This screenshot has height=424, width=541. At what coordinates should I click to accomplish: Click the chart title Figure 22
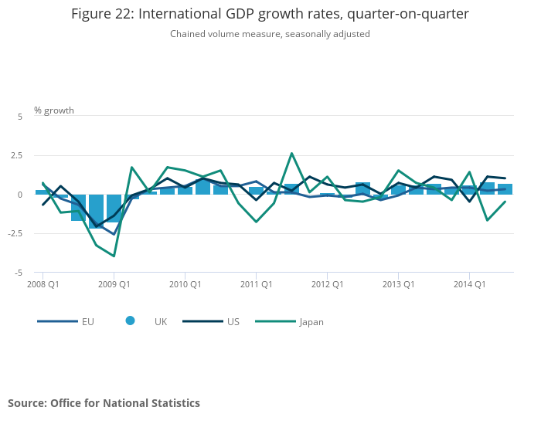pos(270,14)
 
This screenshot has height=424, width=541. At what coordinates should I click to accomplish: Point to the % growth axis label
pos(54,110)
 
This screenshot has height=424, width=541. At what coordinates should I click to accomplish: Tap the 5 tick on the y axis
pos(20,117)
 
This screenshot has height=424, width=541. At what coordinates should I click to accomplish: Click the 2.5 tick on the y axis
pos(16,155)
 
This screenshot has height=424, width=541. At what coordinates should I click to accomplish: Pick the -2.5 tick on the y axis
pos(15,233)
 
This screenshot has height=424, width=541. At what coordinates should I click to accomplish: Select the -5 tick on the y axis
pos(19,273)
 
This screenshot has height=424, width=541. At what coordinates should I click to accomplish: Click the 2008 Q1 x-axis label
pos(43,284)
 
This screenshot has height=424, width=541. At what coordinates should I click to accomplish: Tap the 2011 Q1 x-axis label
pos(257,284)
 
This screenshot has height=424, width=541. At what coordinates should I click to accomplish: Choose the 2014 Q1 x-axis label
pos(470,284)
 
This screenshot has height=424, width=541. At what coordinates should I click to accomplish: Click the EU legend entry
pos(66,321)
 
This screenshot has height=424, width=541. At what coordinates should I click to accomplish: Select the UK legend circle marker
pos(130,321)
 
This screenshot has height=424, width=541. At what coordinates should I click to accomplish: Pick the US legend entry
pos(211,321)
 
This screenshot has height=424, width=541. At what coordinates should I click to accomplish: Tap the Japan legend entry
pos(289,321)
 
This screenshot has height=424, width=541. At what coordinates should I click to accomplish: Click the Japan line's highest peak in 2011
pos(292,153)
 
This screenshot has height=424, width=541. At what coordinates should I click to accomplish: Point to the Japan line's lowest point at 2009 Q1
pos(114,256)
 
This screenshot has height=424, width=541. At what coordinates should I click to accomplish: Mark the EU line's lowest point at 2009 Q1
pos(114,235)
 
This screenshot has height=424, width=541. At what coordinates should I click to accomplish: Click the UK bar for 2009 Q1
pos(114,209)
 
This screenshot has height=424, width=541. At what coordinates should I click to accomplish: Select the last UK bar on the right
pos(505,189)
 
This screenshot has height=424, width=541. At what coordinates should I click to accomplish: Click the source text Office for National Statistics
pos(125,403)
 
